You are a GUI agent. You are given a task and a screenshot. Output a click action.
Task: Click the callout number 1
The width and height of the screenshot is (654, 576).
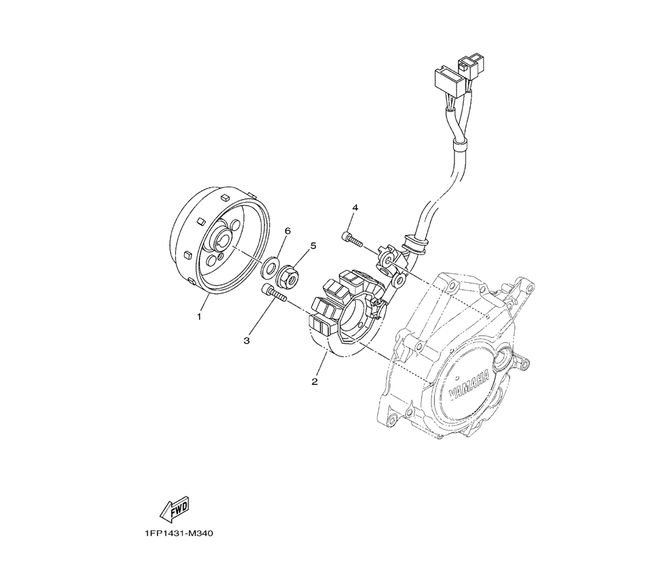tap(199, 317)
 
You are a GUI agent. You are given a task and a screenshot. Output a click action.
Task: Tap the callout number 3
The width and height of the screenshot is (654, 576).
tap(247, 341)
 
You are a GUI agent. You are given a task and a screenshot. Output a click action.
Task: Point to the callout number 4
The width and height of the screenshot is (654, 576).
tap(355, 207)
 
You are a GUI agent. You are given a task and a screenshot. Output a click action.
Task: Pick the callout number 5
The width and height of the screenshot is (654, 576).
tap(313, 246)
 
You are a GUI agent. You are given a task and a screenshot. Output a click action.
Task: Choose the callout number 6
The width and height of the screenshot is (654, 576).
tap(288, 231)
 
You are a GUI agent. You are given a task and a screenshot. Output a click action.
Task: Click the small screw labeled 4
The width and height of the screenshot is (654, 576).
tap(353, 239)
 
